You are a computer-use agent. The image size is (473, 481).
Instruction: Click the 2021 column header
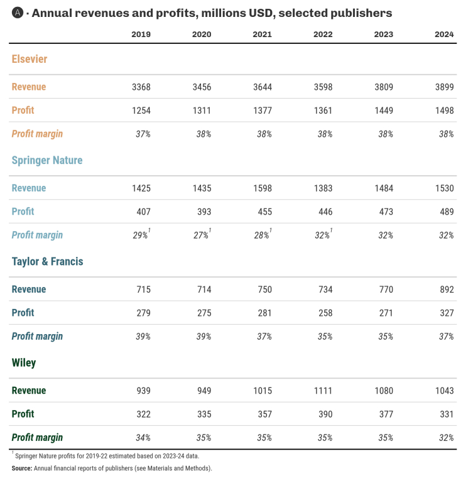click(262, 35)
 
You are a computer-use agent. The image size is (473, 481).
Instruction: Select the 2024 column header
click(444, 35)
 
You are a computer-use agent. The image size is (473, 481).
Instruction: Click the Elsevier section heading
click(30, 59)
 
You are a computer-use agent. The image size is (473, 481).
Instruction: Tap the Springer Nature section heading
click(47, 160)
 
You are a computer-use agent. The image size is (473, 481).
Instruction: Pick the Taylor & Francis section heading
click(48, 261)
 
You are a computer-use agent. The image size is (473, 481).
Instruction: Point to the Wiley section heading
click(24, 362)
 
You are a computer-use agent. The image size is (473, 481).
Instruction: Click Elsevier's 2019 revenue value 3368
click(141, 87)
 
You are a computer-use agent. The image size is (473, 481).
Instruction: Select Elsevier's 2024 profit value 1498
click(444, 111)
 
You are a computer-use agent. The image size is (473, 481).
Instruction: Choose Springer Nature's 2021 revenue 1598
click(262, 188)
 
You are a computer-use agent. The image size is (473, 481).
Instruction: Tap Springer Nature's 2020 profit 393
click(203, 212)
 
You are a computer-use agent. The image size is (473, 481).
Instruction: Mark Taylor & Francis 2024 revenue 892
click(446, 289)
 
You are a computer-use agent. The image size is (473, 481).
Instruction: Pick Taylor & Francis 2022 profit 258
click(324, 313)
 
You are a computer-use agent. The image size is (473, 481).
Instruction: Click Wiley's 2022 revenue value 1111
click(323, 391)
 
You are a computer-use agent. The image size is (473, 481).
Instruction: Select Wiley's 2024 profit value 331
click(446, 414)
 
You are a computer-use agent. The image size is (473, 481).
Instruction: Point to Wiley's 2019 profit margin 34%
click(142, 438)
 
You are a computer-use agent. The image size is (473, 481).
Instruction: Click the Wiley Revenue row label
click(29, 391)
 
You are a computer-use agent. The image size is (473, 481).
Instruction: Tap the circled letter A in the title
click(17, 13)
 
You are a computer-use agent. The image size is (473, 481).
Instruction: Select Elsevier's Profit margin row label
click(37, 134)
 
